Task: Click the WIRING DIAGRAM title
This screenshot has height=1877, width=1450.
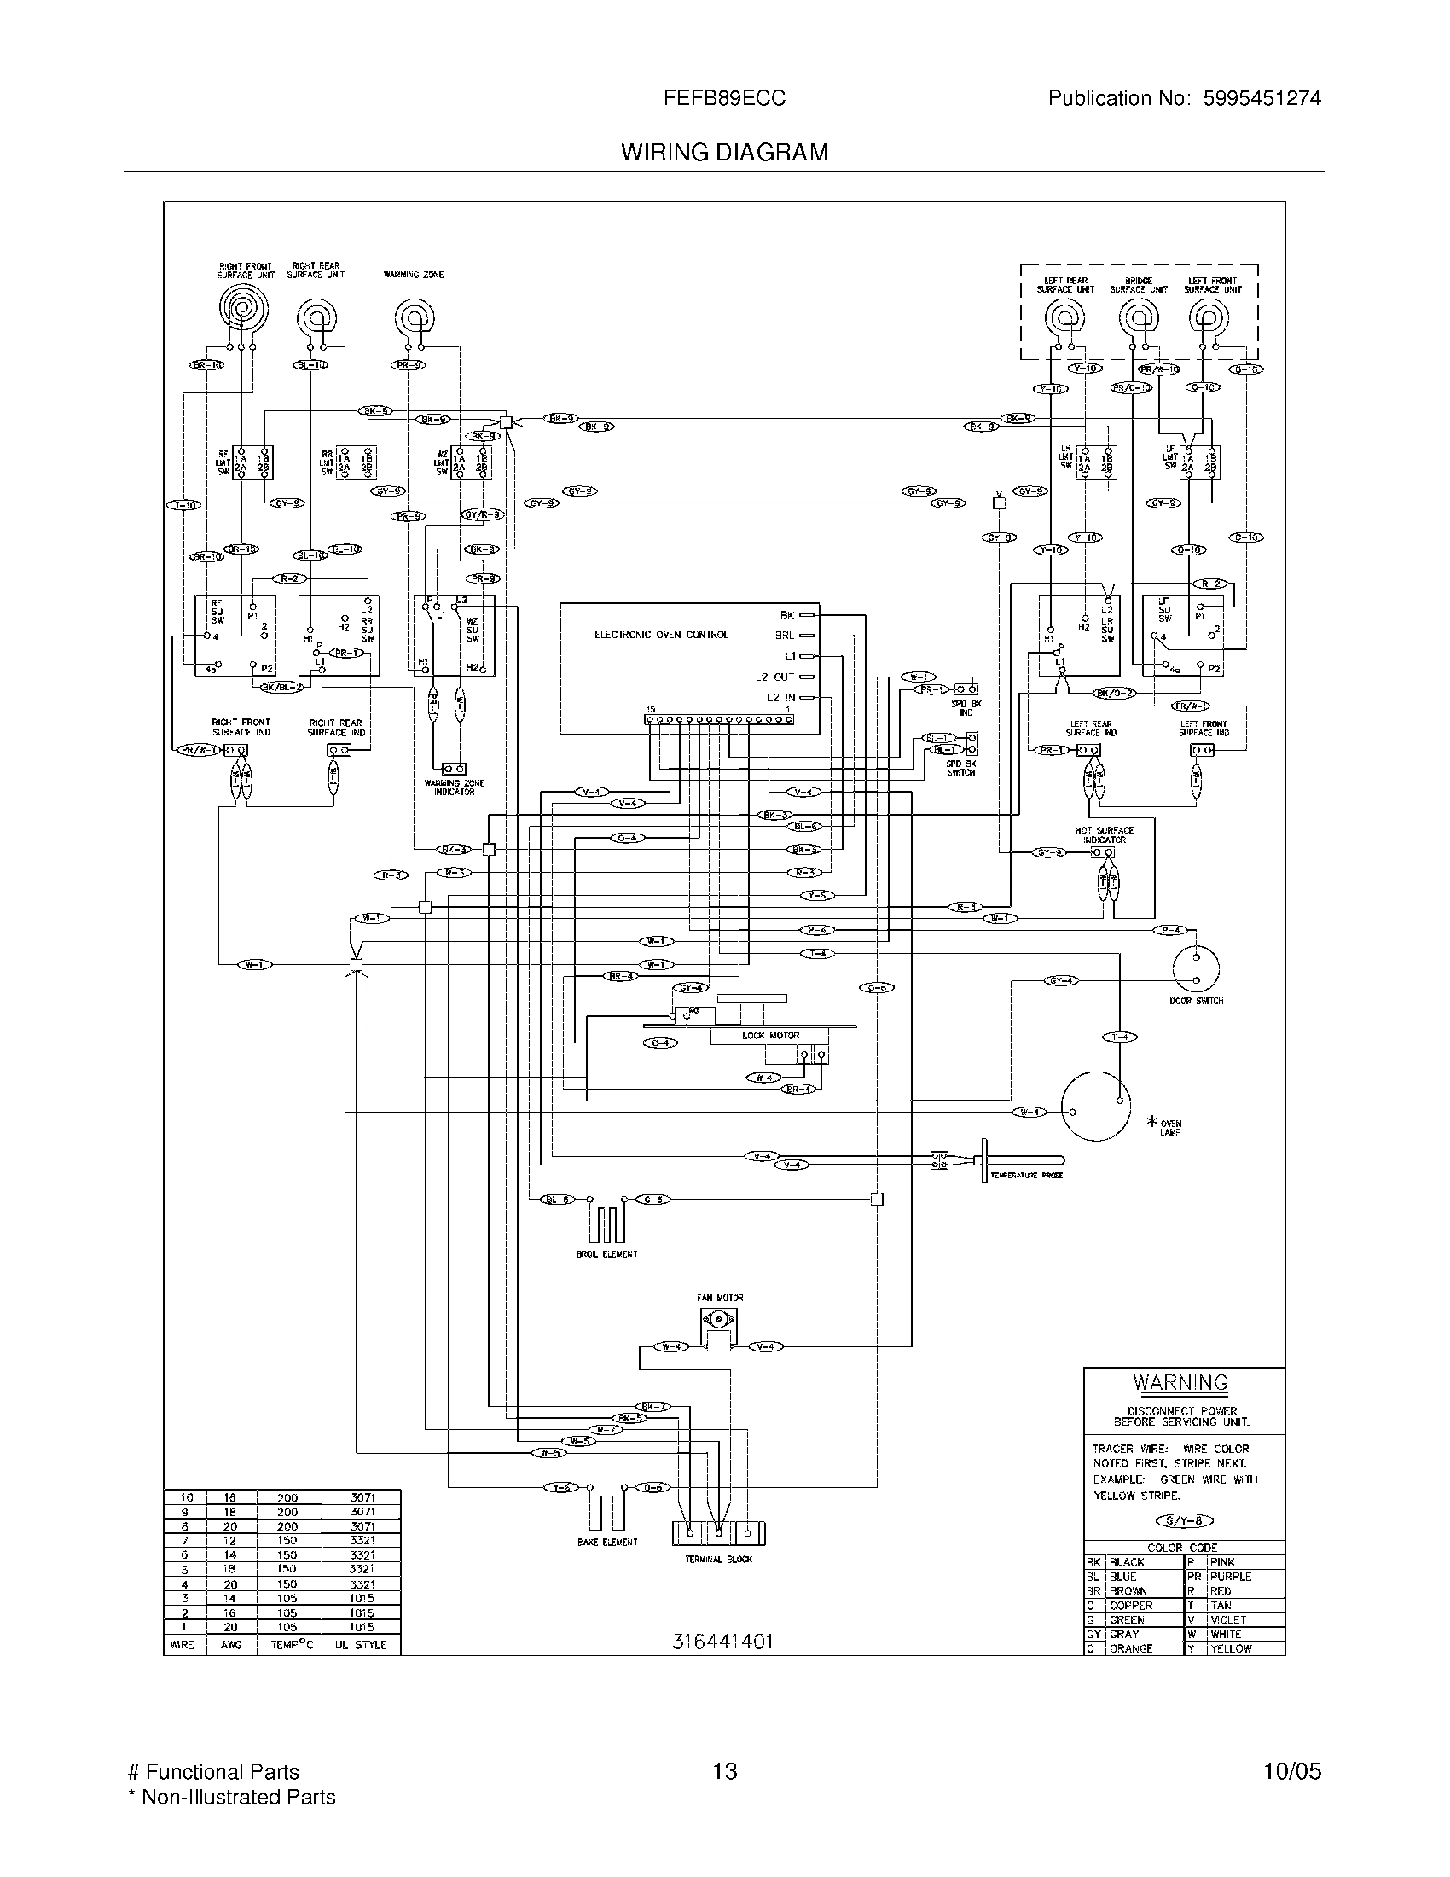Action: pos(724,152)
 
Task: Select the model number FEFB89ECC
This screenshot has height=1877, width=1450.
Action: pos(724,98)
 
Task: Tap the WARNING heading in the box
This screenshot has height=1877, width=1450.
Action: pos(1180,1383)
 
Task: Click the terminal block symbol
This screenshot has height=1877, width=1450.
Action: pos(718,1532)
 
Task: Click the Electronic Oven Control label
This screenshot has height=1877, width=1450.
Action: pos(661,635)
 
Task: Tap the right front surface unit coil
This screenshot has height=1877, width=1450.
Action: pos(243,308)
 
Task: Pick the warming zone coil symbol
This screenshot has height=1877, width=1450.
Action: pos(414,318)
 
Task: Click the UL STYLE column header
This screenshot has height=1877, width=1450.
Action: pos(360,1645)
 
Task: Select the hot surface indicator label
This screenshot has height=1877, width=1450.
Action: pos(1104,834)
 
